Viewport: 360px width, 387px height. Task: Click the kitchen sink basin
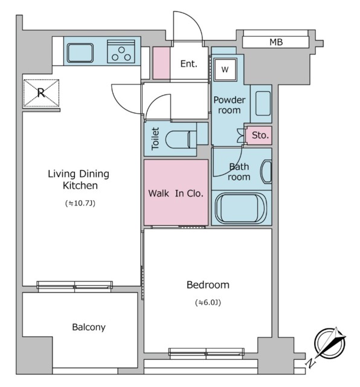[x=80, y=53]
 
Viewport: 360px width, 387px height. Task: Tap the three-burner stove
[x=121, y=51]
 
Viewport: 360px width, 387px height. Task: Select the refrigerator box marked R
[x=41, y=93]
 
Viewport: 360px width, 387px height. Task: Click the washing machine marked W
[x=225, y=70]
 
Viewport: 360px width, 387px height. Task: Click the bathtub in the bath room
[x=240, y=209]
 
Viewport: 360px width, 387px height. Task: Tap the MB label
[x=276, y=42]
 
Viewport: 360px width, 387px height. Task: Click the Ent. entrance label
[x=189, y=64]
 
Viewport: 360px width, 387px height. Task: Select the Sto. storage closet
[x=260, y=135]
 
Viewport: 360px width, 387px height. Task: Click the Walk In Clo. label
[x=176, y=193]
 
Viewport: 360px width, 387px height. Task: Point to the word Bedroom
[x=208, y=285]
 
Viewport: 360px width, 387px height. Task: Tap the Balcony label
[x=89, y=327]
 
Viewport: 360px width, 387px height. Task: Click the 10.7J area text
[x=80, y=203]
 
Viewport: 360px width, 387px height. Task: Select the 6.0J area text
[x=208, y=302]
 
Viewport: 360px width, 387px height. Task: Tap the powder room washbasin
[x=263, y=103]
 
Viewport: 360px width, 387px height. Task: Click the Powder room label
[x=230, y=105]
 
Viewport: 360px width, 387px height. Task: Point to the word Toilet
[x=155, y=138]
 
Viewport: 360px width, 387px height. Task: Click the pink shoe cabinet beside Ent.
[x=161, y=63]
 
